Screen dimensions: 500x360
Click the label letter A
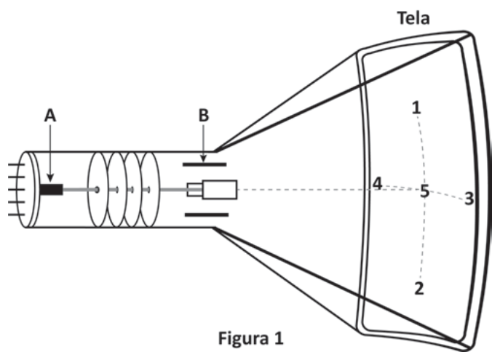(x=50, y=116)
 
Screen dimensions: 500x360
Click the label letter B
(x=204, y=116)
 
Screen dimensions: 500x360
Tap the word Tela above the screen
(x=413, y=18)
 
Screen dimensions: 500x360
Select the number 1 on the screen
(x=416, y=108)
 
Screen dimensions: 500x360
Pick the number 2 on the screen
(x=419, y=288)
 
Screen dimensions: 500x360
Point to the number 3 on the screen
(x=469, y=199)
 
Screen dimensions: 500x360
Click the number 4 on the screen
(x=377, y=183)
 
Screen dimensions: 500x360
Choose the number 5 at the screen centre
(x=424, y=191)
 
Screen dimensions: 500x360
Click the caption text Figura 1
(x=251, y=338)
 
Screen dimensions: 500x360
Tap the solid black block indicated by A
(x=52, y=189)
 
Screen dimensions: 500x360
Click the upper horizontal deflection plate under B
(x=205, y=164)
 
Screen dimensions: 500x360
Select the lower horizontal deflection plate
(x=207, y=215)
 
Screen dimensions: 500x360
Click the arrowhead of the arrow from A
(x=50, y=178)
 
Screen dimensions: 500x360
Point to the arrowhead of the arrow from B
(x=204, y=158)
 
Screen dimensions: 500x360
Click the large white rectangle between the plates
(x=220, y=190)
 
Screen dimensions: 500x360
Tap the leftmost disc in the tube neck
(x=98, y=190)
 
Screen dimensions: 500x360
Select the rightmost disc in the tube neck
(x=149, y=190)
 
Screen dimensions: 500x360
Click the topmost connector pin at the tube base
(x=16, y=164)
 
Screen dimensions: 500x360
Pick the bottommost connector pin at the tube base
(x=16, y=215)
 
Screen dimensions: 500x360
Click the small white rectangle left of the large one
(x=194, y=190)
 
